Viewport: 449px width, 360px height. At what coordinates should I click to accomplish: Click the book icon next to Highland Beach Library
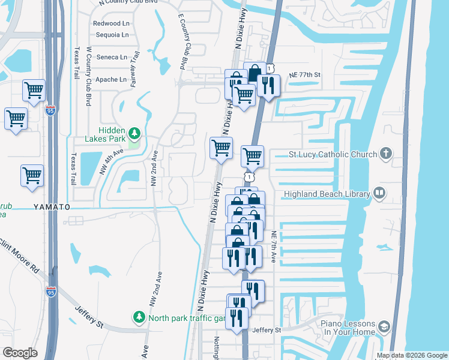point(379,193)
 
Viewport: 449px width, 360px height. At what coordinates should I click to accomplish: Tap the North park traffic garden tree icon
point(139,316)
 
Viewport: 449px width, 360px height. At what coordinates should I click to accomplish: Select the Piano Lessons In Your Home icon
point(383,326)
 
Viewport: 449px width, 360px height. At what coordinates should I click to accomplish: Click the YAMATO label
point(52,207)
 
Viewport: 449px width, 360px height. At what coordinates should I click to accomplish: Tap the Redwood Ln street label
point(110,23)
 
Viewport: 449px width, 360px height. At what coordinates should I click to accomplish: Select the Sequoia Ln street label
point(110,35)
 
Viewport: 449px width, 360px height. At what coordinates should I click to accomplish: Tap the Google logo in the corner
point(20,353)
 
